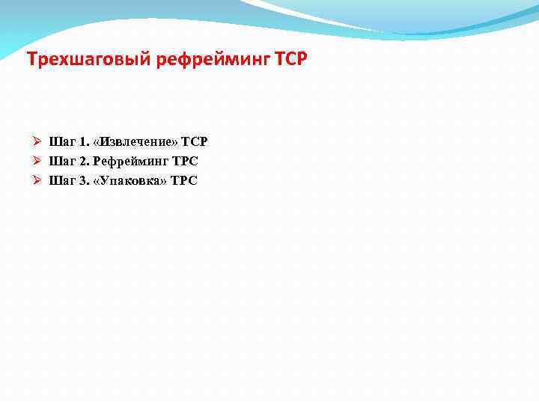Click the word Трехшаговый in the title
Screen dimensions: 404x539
point(89,59)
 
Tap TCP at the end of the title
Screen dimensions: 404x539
point(291,59)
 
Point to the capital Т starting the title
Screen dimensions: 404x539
point(32,59)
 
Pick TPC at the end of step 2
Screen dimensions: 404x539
point(185,160)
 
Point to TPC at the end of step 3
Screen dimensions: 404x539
point(184,180)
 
